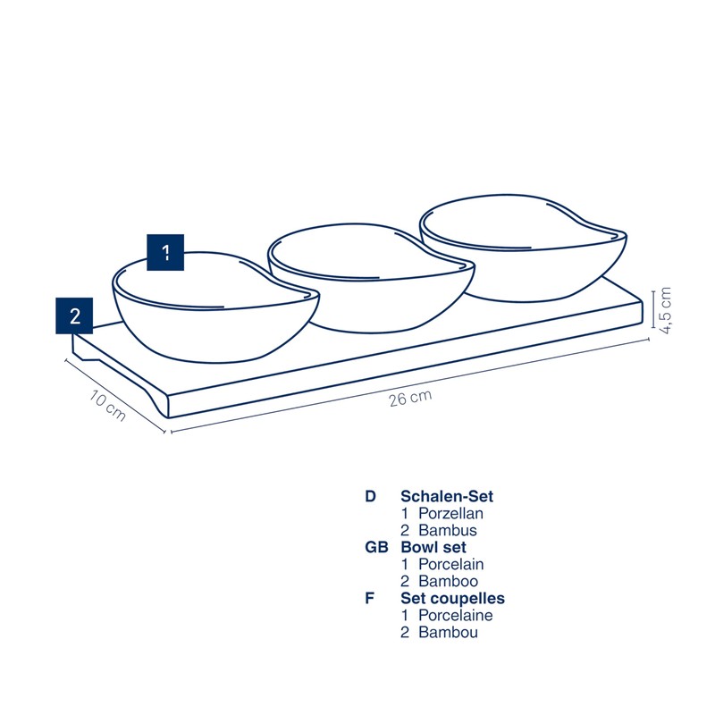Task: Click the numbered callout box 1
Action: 165,252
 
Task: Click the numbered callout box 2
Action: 74,315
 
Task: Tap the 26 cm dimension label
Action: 410,398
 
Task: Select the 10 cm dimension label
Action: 107,406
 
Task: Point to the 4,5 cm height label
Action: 665,310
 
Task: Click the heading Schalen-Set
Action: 447,496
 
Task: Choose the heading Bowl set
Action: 433,547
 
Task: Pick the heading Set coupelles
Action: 452,598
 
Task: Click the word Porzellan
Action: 450,513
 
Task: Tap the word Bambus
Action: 448,530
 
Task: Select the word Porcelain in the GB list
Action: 451,565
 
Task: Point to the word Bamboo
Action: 449,582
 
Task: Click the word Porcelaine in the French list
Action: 456,616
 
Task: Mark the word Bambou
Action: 449,633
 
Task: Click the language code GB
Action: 376,547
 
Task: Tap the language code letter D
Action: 370,496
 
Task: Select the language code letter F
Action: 369,598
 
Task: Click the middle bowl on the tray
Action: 371,277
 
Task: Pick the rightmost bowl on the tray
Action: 523,248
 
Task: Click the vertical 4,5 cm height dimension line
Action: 653,309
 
